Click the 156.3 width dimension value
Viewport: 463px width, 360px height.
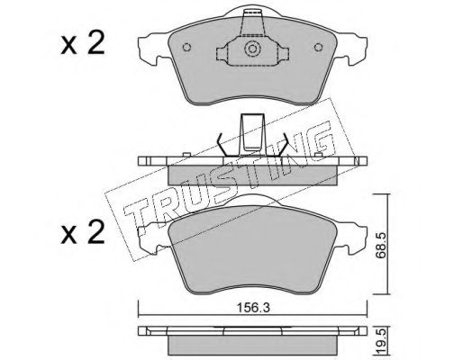253,307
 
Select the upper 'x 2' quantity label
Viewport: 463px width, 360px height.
83,44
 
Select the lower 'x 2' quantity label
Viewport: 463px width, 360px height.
83,232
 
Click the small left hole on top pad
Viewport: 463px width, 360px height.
186,48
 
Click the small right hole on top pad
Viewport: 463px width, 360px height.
318,48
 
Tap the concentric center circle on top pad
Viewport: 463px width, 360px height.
251,49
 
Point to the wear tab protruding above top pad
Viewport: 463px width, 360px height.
252,22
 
